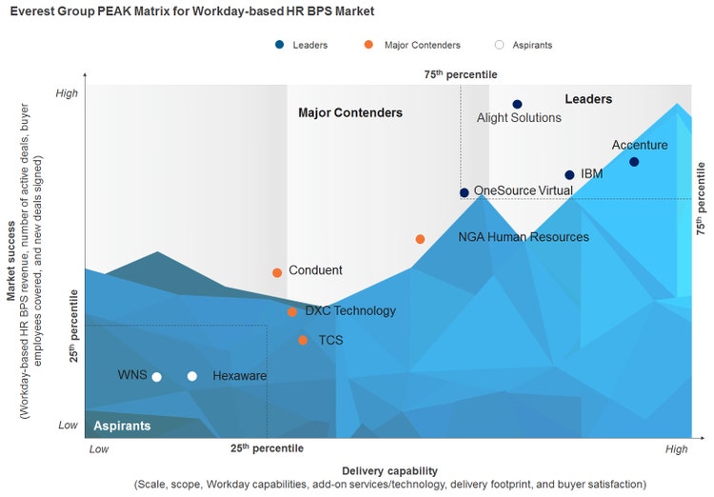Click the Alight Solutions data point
517,104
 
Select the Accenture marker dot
634,162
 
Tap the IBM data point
569,175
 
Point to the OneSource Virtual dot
465,192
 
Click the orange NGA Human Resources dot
420,239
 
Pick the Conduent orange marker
277,272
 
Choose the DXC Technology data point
292,312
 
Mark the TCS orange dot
303,340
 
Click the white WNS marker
157,377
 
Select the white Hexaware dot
192,376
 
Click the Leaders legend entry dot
279,45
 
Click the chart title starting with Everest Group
191,11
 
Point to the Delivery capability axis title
389,470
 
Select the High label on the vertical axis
67,93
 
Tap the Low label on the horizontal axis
99,447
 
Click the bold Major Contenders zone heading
350,112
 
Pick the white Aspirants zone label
122,426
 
